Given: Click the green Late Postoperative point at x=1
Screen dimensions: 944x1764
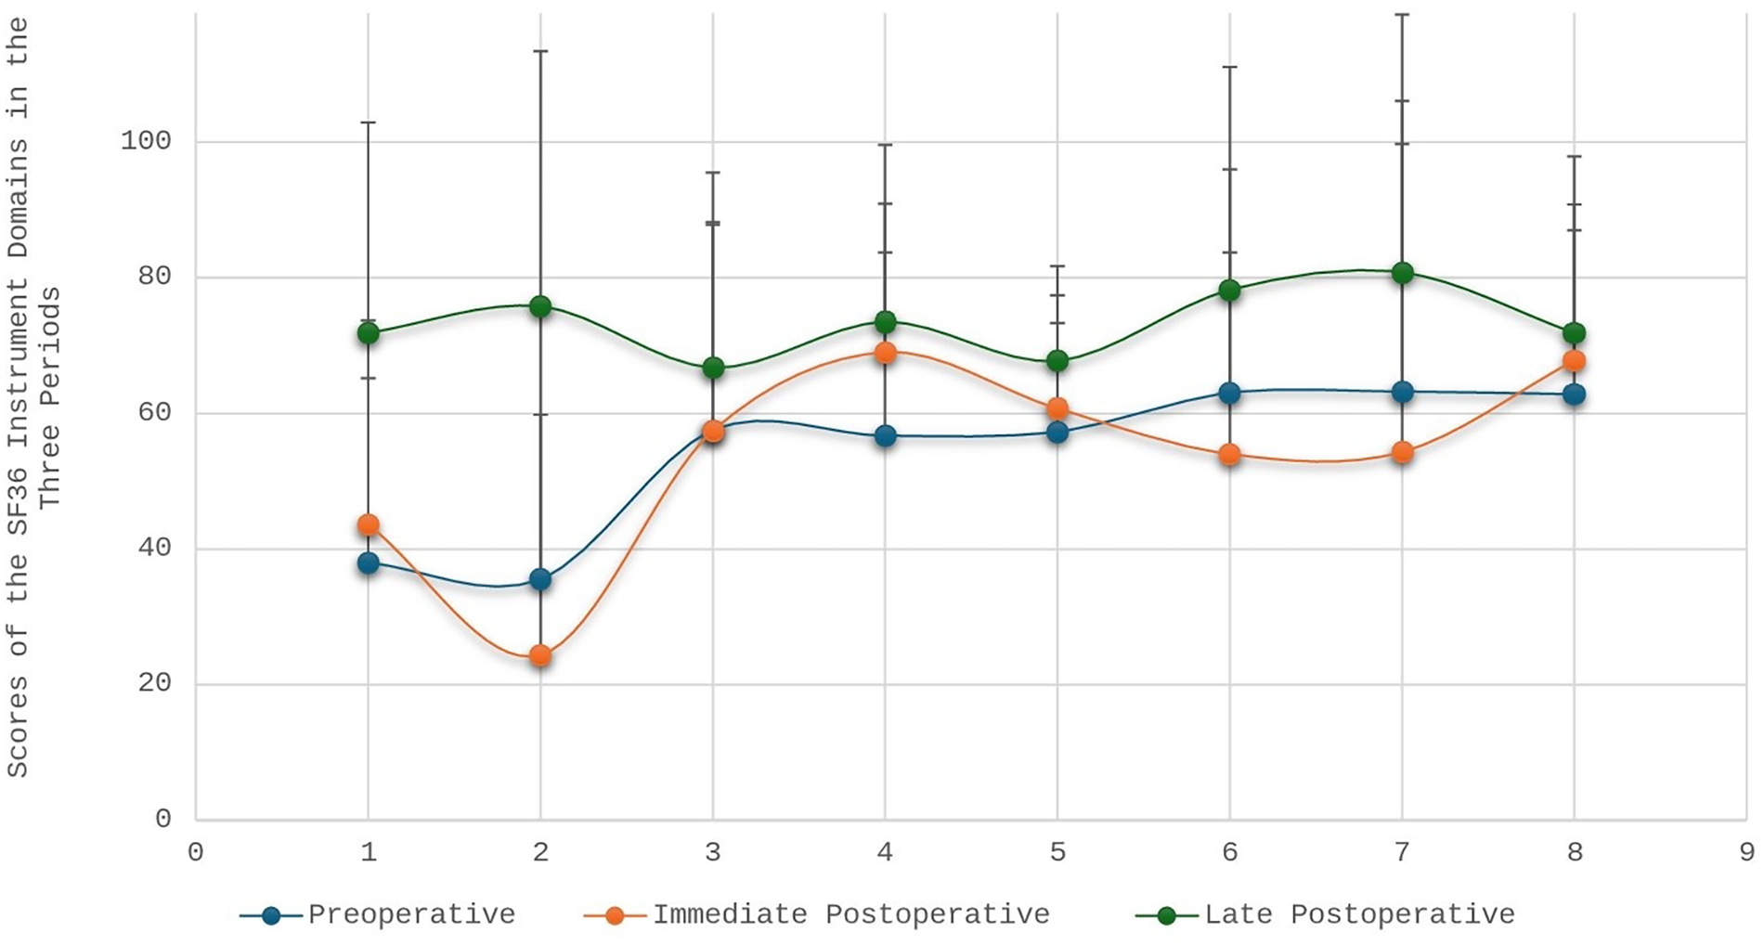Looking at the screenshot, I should click(x=369, y=333).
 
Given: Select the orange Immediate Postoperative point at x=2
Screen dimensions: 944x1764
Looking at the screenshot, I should click(x=540, y=656).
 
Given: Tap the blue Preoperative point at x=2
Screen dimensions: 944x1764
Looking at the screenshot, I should click(x=540, y=580).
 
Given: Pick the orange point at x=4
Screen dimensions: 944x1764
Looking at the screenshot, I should click(x=886, y=353).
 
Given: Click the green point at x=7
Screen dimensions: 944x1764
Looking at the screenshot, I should click(x=1403, y=273).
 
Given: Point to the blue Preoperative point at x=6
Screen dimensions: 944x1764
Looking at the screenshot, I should click(x=1230, y=394).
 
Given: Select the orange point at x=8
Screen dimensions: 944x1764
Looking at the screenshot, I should click(x=1575, y=360).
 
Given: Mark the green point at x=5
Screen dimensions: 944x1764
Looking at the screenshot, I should click(x=1057, y=361).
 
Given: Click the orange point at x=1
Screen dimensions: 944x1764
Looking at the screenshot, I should click(x=369, y=525).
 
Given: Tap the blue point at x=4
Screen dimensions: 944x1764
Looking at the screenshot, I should click(x=886, y=436).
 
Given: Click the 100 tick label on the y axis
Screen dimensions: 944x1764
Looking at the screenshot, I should click(x=146, y=141).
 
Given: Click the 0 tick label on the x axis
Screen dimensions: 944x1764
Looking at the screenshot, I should click(x=196, y=852).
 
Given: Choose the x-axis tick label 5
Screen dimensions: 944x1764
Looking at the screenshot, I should click(x=1057, y=852).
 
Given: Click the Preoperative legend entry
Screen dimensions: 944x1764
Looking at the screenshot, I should click(x=411, y=914).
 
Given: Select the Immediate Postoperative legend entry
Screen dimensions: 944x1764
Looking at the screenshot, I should click(x=850, y=914).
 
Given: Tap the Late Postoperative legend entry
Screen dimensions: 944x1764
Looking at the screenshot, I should click(x=1359, y=914).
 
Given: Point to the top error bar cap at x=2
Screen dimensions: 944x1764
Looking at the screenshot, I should click(x=540, y=51).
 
